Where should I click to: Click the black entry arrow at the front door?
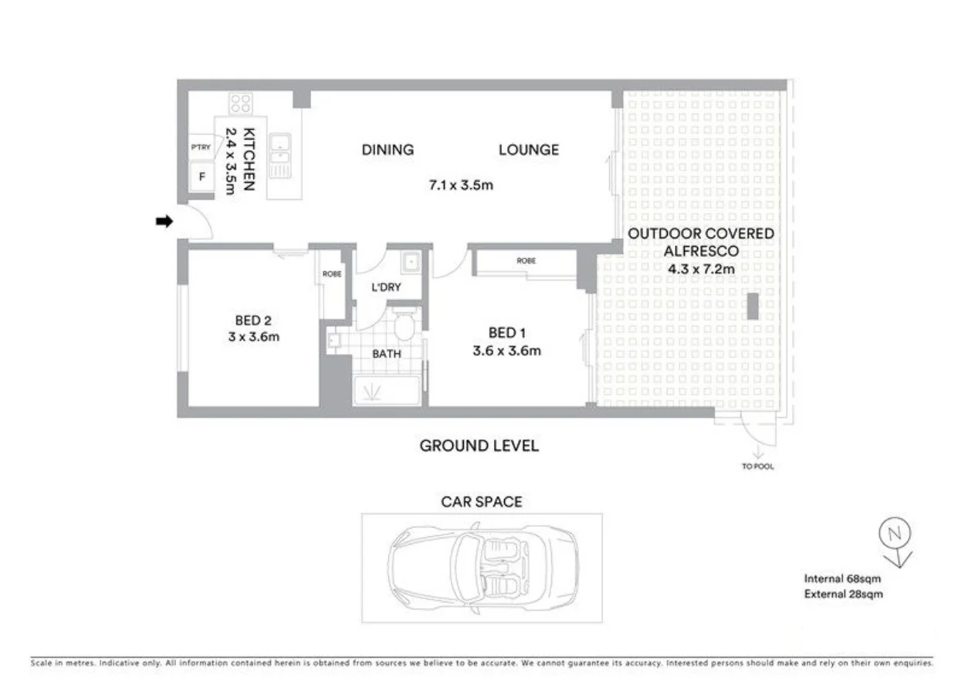click(163, 221)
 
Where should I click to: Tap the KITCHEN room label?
click(249, 159)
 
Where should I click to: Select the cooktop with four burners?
click(240, 103)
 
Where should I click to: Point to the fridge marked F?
click(202, 177)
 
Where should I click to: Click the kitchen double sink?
click(279, 155)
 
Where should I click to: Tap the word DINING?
click(388, 150)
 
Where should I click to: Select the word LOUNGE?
click(528, 150)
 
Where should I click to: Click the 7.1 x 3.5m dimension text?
click(461, 185)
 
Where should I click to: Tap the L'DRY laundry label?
click(386, 288)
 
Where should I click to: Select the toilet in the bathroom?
click(404, 326)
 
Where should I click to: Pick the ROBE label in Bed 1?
click(527, 261)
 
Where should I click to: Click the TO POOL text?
click(757, 467)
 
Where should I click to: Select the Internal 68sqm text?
click(842, 578)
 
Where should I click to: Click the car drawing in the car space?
click(482, 568)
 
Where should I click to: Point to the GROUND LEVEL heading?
click(479, 446)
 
